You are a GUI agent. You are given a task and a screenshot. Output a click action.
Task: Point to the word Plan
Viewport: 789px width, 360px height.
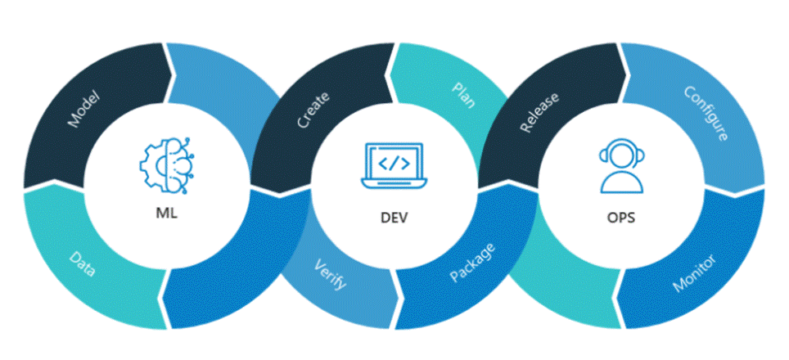(x=463, y=94)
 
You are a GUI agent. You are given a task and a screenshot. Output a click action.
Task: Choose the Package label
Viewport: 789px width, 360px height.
(x=471, y=262)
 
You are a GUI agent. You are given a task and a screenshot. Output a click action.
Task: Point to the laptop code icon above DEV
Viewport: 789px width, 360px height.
(x=394, y=164)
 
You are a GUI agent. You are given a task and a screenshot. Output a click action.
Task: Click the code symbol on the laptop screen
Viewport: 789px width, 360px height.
(x=394, y=162)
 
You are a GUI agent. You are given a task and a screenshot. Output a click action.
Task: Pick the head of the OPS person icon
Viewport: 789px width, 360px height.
(x=620, y=156)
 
